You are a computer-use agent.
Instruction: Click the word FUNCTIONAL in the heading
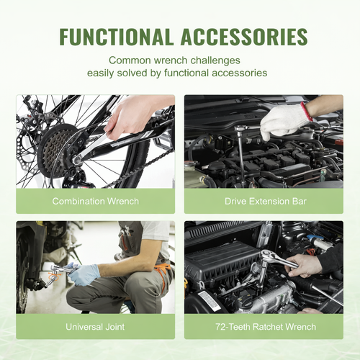coord(116,37)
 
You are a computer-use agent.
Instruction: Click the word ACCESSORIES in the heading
coord(244,37)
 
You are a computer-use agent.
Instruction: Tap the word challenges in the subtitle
coord(215,60)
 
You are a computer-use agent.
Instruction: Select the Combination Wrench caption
coord(96,201)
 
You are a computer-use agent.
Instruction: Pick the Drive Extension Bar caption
coord(266,201)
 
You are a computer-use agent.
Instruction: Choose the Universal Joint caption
coord(95,327)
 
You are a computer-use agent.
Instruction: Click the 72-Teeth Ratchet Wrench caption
coord(266,327)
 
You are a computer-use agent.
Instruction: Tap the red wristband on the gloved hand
coord(307,111)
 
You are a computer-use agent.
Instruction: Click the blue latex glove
coord(84,274)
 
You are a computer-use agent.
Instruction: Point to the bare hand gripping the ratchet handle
coord(304,266)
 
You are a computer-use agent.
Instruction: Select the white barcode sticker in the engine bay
coord(210,301)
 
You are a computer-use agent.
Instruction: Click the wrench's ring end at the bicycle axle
coord(77,159)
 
